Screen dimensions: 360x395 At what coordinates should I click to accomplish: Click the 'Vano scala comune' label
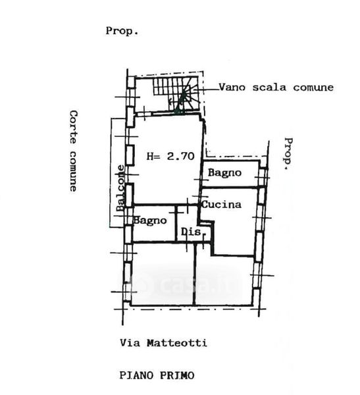point(276,88)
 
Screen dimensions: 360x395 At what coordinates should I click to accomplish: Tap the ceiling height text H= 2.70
point(170,156)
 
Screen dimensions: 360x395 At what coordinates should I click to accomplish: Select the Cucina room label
point(221,204)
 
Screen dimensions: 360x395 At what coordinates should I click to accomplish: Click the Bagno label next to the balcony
point(150,221)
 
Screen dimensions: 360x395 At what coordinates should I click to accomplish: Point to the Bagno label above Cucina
point(224,172)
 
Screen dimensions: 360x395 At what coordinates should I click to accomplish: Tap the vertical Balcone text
point(120,188)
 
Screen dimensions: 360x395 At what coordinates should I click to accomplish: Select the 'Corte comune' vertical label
point(73,151)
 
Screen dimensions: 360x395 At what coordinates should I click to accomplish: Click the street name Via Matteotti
point(163,343)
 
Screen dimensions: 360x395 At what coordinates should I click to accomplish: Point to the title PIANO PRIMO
point(157,375)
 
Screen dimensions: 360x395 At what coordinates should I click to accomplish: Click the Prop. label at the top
point(122,31)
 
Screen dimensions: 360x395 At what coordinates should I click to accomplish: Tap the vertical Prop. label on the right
point(288,153)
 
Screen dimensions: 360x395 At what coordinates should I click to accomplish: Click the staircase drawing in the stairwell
point(176,94)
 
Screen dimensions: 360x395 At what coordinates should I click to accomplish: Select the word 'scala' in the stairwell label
point(269,88)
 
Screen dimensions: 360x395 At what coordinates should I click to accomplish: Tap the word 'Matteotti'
point(177,343)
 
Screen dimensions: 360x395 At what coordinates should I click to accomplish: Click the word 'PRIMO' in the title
point(177,375)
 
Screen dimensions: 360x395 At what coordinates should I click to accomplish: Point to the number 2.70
point(181,156)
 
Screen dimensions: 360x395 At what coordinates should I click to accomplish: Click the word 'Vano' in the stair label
point(232,88)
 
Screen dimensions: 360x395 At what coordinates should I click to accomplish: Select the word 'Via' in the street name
point(130,343)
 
